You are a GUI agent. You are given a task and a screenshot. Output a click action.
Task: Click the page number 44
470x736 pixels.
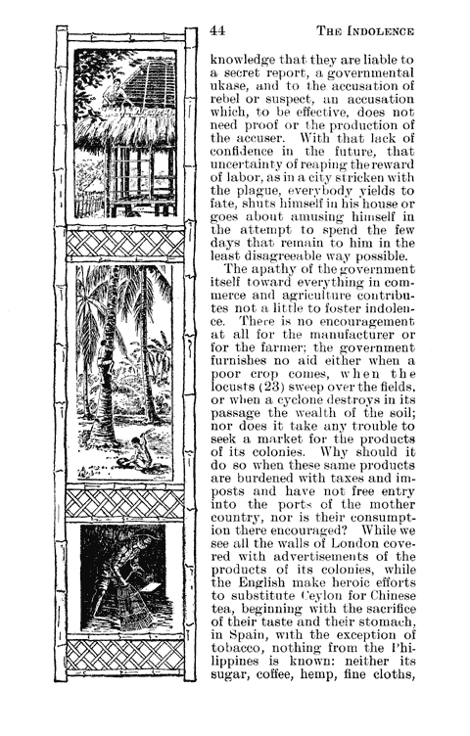[218, 31]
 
